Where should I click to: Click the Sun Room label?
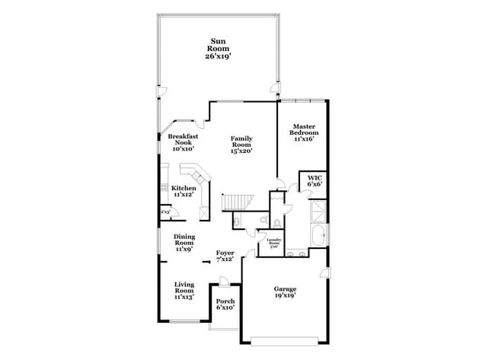point(222,48)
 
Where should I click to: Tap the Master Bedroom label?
point(303,132)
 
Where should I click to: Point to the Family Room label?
point(241,145)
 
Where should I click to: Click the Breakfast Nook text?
point(183,142)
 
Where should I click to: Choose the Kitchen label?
point(184,192)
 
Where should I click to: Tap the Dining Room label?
point(184,242)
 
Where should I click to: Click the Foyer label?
point(225,256)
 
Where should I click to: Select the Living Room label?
point(184,290)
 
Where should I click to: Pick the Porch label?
point(225,304)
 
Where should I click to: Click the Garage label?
point(286,292)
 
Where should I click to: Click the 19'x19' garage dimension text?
point(286,297)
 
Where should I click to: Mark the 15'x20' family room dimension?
point(241,151)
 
